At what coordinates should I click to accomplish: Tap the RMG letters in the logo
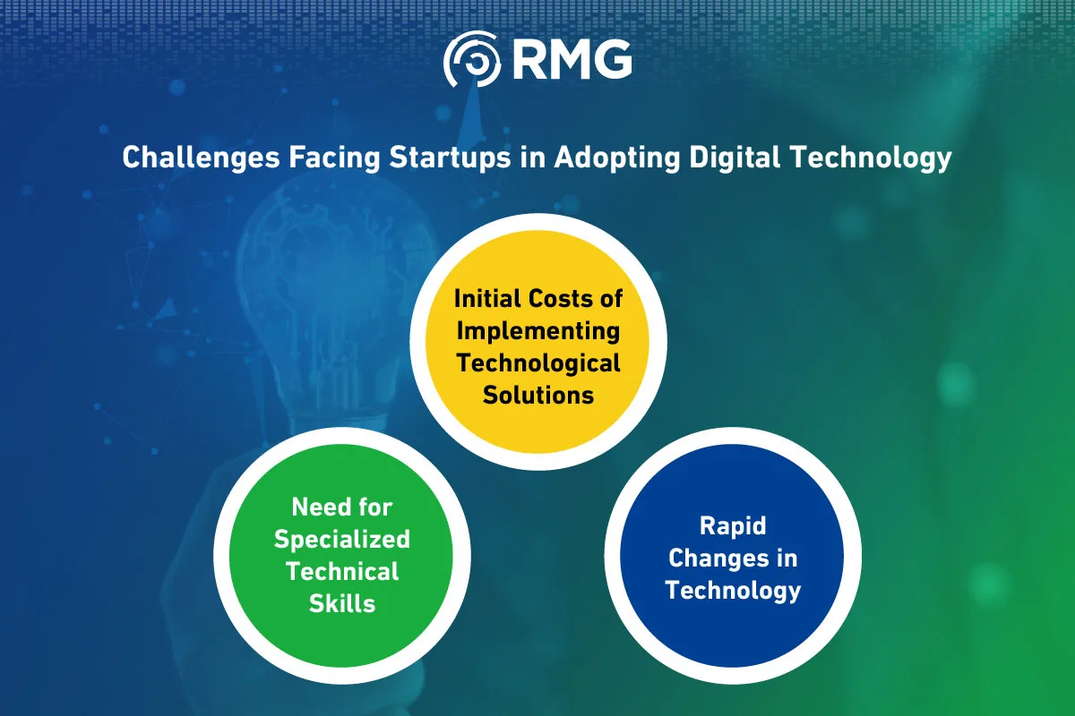coord(572,59)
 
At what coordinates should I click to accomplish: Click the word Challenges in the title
coord(201,158)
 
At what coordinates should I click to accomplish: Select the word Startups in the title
coord(450,158)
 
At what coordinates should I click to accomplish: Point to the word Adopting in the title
coord(617,158)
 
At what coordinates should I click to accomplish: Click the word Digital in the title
coord(735,157)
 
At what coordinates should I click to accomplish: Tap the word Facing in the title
coord(334,158)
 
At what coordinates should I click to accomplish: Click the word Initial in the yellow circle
coord(487,298)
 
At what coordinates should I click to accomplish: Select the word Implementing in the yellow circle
coord(538,332)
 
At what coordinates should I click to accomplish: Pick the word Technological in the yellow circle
coord(538,363)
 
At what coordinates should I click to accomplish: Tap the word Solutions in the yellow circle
coord(538,396)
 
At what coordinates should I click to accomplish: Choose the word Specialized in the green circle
coord(342,540)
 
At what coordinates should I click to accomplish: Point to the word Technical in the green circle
coord(342,571)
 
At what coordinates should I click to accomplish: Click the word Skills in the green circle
coord(342,603)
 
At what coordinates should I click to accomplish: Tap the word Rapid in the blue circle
coord(733,526)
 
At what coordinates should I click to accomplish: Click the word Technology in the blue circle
coord(733,591)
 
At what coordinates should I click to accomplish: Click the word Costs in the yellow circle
coord(561,298)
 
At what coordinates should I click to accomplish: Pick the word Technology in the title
coord(871,158)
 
